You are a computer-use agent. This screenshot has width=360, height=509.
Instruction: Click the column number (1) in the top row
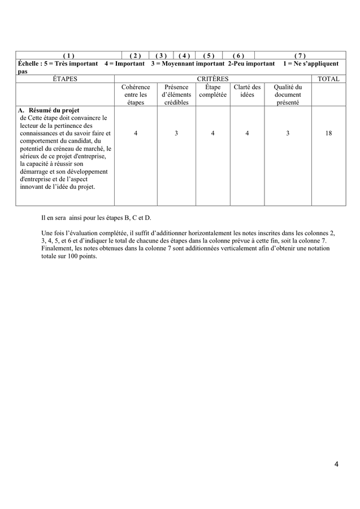point(68,55)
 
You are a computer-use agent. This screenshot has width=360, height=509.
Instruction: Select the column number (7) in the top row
point(300,55)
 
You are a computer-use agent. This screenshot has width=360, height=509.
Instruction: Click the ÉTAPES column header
point(61,79)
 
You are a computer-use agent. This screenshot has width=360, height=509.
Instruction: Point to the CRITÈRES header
point(212,79)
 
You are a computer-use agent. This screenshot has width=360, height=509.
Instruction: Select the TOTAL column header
point(328,79)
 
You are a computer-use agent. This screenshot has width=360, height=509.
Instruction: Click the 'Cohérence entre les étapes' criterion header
point(136,95)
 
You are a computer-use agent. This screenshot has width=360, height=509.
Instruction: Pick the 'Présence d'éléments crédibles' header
point(176,95)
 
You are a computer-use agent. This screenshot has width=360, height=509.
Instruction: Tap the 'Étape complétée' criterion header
point(212,91)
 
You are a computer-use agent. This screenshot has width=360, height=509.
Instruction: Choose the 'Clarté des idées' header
point(247,91)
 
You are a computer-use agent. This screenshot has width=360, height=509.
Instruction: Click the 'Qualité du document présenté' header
point(288,95)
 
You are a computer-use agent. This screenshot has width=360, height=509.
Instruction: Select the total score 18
point(328,133)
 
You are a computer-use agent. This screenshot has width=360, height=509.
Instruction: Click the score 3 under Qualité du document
point(288,133)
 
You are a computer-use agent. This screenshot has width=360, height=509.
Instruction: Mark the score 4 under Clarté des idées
point(247,133)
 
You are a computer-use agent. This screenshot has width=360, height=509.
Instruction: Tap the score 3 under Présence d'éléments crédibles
point(176,133)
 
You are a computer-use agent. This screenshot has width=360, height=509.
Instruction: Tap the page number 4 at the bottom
point(336,465)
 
